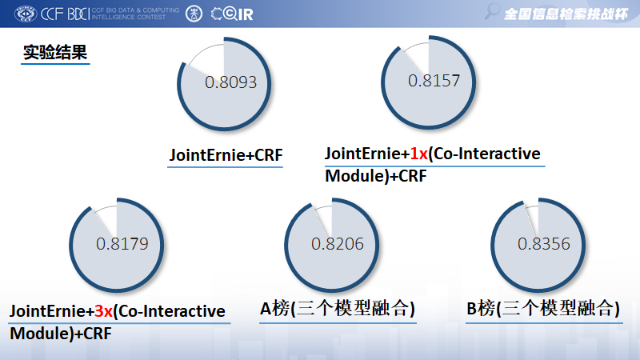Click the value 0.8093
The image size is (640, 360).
(x=230, y=82)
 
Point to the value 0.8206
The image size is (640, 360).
(x=337, y=244)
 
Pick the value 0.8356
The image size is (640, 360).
(x=544, y=244)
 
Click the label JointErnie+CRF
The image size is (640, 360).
(x=226, y=155)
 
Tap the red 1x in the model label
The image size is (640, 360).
(x=419, y=154)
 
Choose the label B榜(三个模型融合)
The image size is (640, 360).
(x=543, y=309)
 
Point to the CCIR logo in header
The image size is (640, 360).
(x=232, y=14)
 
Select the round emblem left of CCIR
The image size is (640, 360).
(x=193, y=14)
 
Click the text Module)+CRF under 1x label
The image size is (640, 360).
(x=374, y=175)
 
